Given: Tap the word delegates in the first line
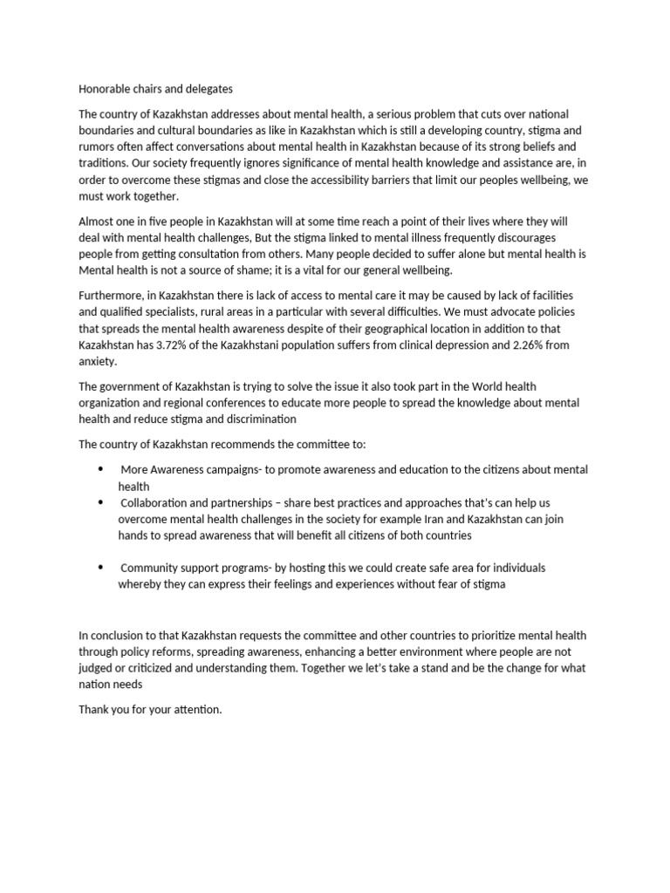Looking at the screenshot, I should (x=209, y=89).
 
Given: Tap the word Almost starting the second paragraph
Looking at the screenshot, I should (x=97, y=222).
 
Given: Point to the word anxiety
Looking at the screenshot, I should (x=97, y=360).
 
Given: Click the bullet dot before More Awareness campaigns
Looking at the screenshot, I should (x=102, y=469).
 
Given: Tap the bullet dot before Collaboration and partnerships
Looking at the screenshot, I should (x=102, y=503).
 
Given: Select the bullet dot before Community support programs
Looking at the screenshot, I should (x=102, y=568).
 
